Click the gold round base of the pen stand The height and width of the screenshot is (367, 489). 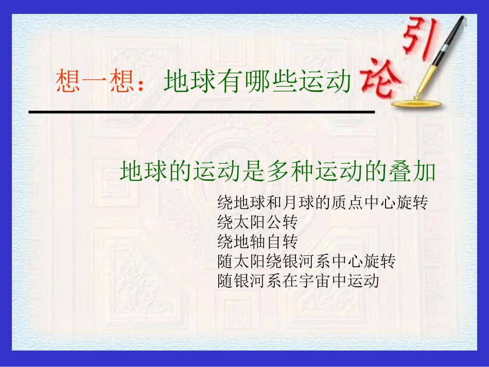pos(416,103)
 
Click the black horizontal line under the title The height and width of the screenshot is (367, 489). pos(201,111)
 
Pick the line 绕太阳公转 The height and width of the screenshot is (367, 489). pos(257,222)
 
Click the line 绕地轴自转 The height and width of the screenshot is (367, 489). pos(257,242)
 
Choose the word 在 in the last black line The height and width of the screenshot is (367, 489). pos(289,281)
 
